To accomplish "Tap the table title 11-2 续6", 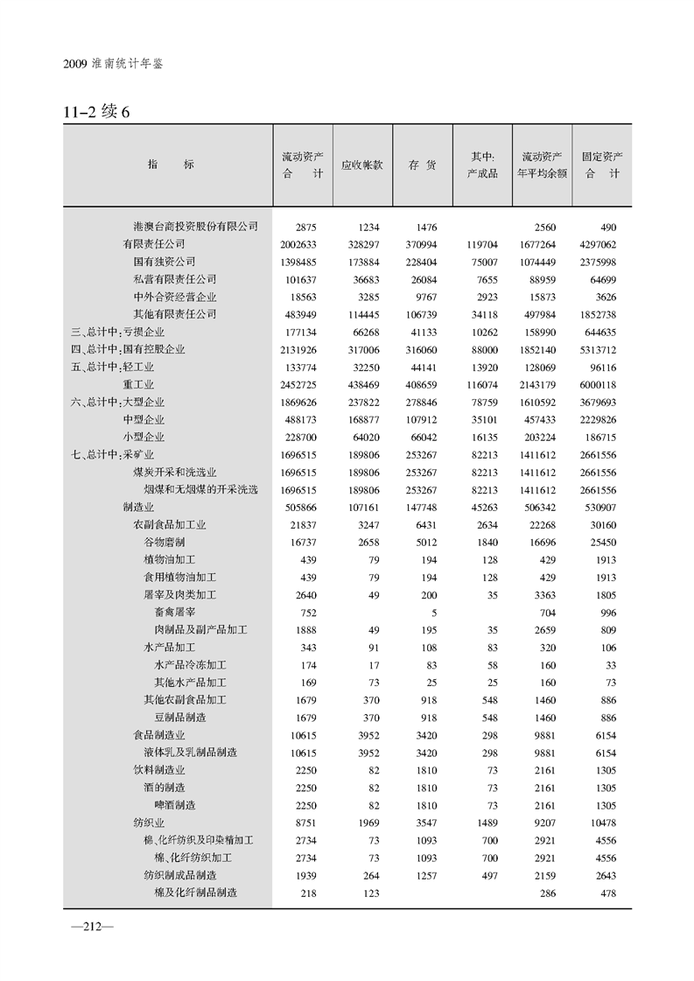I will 96,113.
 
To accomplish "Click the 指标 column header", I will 171,165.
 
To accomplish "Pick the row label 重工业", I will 138,384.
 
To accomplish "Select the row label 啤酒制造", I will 175,805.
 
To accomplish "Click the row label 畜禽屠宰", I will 175,613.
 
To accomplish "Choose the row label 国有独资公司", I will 164,262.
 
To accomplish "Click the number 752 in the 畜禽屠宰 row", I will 307,613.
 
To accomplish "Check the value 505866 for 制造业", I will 298,507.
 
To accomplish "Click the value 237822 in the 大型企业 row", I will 362,402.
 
